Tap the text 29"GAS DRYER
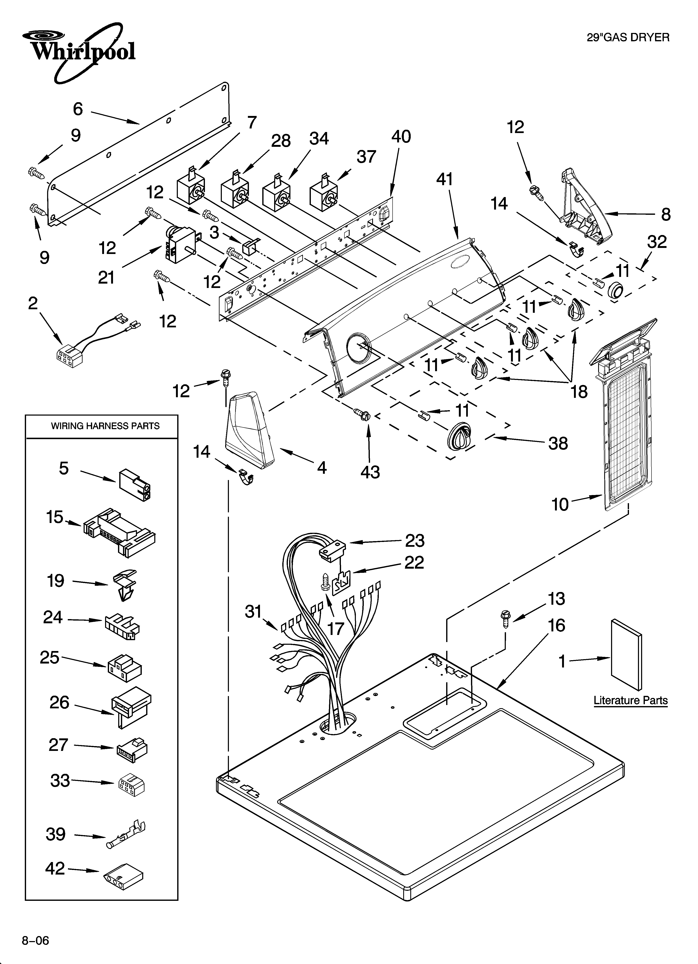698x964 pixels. point(628,37)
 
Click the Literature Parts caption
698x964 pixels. point(630,700)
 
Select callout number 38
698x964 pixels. point(558,443)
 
